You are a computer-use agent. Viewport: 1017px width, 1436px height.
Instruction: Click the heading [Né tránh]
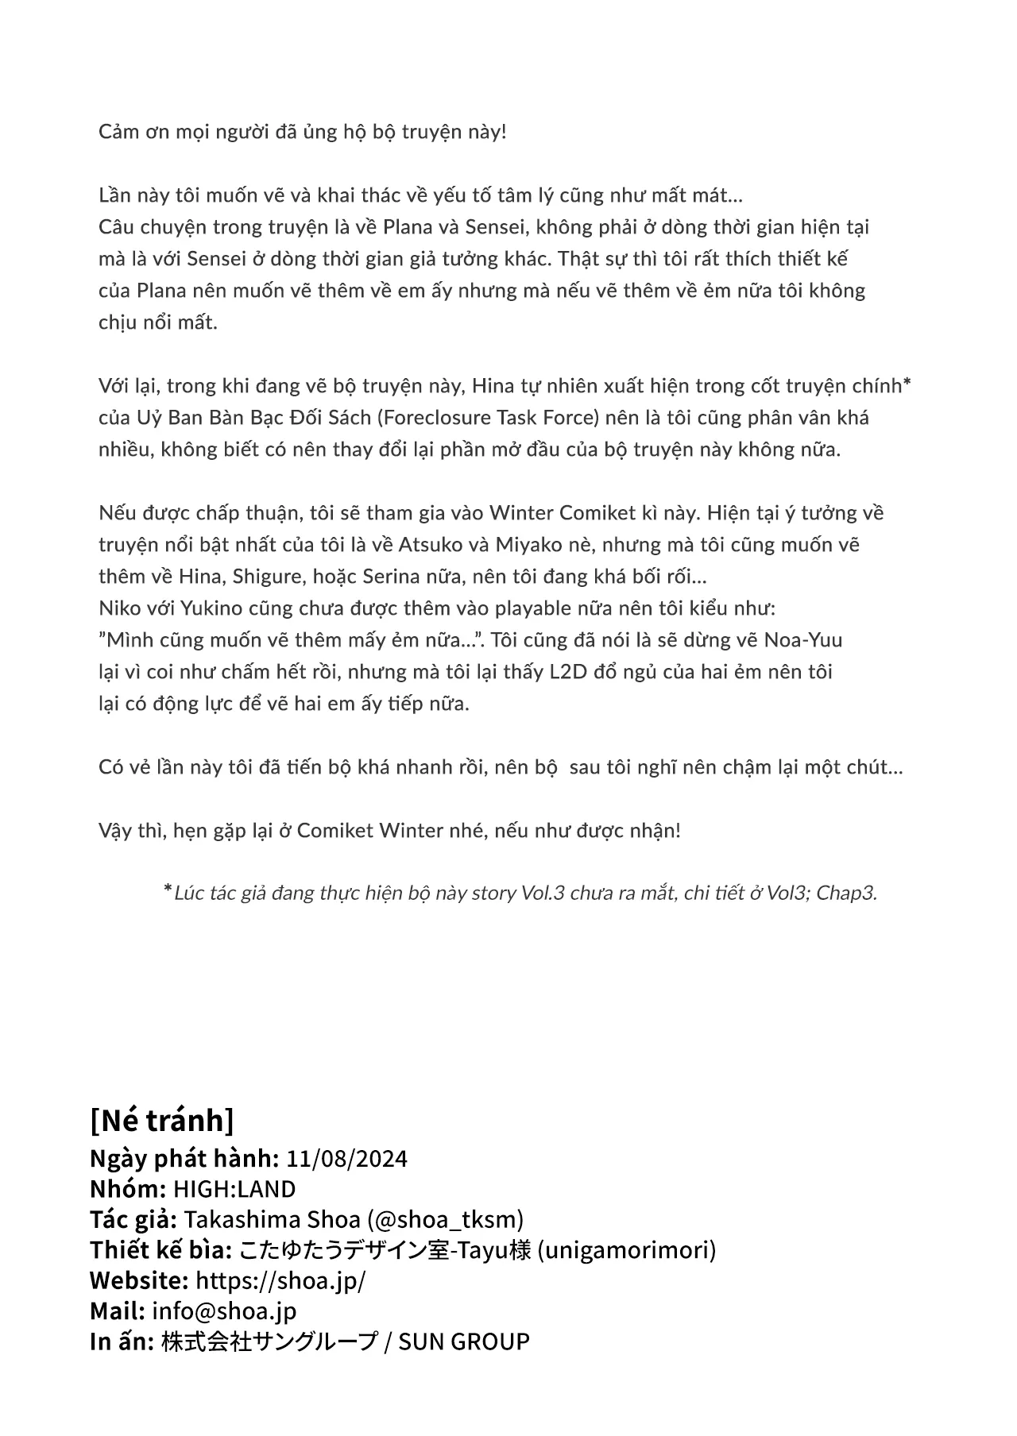tap(162, 1121)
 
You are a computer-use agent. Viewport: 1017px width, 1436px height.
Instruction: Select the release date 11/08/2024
tap(346, 1159)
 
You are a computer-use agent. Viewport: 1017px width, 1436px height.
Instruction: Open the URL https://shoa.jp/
tap(280, 1280)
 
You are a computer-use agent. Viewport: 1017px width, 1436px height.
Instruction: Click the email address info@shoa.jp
tap(224, 1311)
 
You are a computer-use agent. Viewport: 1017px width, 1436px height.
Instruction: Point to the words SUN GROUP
tap(463, 1341)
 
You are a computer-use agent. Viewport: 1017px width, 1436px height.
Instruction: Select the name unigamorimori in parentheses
tap(627, 1250)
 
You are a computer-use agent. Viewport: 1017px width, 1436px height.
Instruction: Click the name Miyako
tap(528, 545)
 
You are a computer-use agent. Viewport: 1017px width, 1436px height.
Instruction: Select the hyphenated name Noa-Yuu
tap(803, 640)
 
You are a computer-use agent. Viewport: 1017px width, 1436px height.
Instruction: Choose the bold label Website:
tap(138, 1280)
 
